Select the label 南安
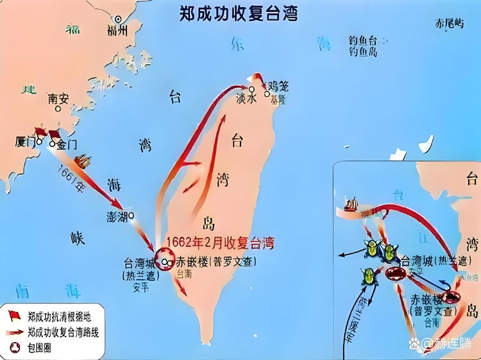(58, 99)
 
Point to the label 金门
(67, 144)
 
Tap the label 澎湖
(117, 216)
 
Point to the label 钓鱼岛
(362, 51)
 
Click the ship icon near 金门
(83, 160)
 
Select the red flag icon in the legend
(13, 314)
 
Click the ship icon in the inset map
(351, 204)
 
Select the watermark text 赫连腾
(453, 344)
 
